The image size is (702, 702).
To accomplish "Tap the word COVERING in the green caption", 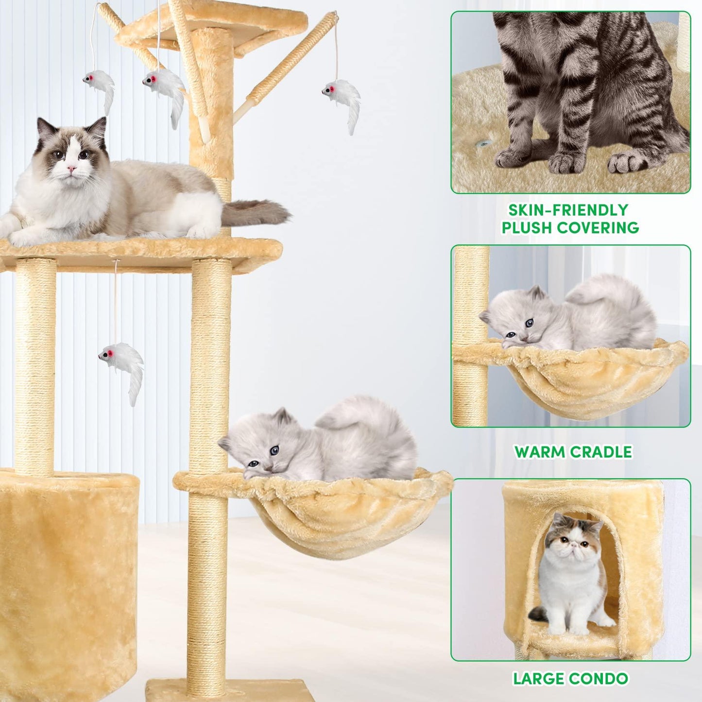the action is (x=598, y=228).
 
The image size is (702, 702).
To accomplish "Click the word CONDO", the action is (x=599, y=668).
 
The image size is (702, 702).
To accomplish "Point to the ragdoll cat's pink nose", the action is (x=71, y=169).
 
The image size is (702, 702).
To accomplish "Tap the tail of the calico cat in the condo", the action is (x=538, y=614).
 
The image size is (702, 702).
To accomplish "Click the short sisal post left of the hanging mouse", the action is (x=35, y=367).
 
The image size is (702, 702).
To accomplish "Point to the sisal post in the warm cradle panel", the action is (x=472, y=335).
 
